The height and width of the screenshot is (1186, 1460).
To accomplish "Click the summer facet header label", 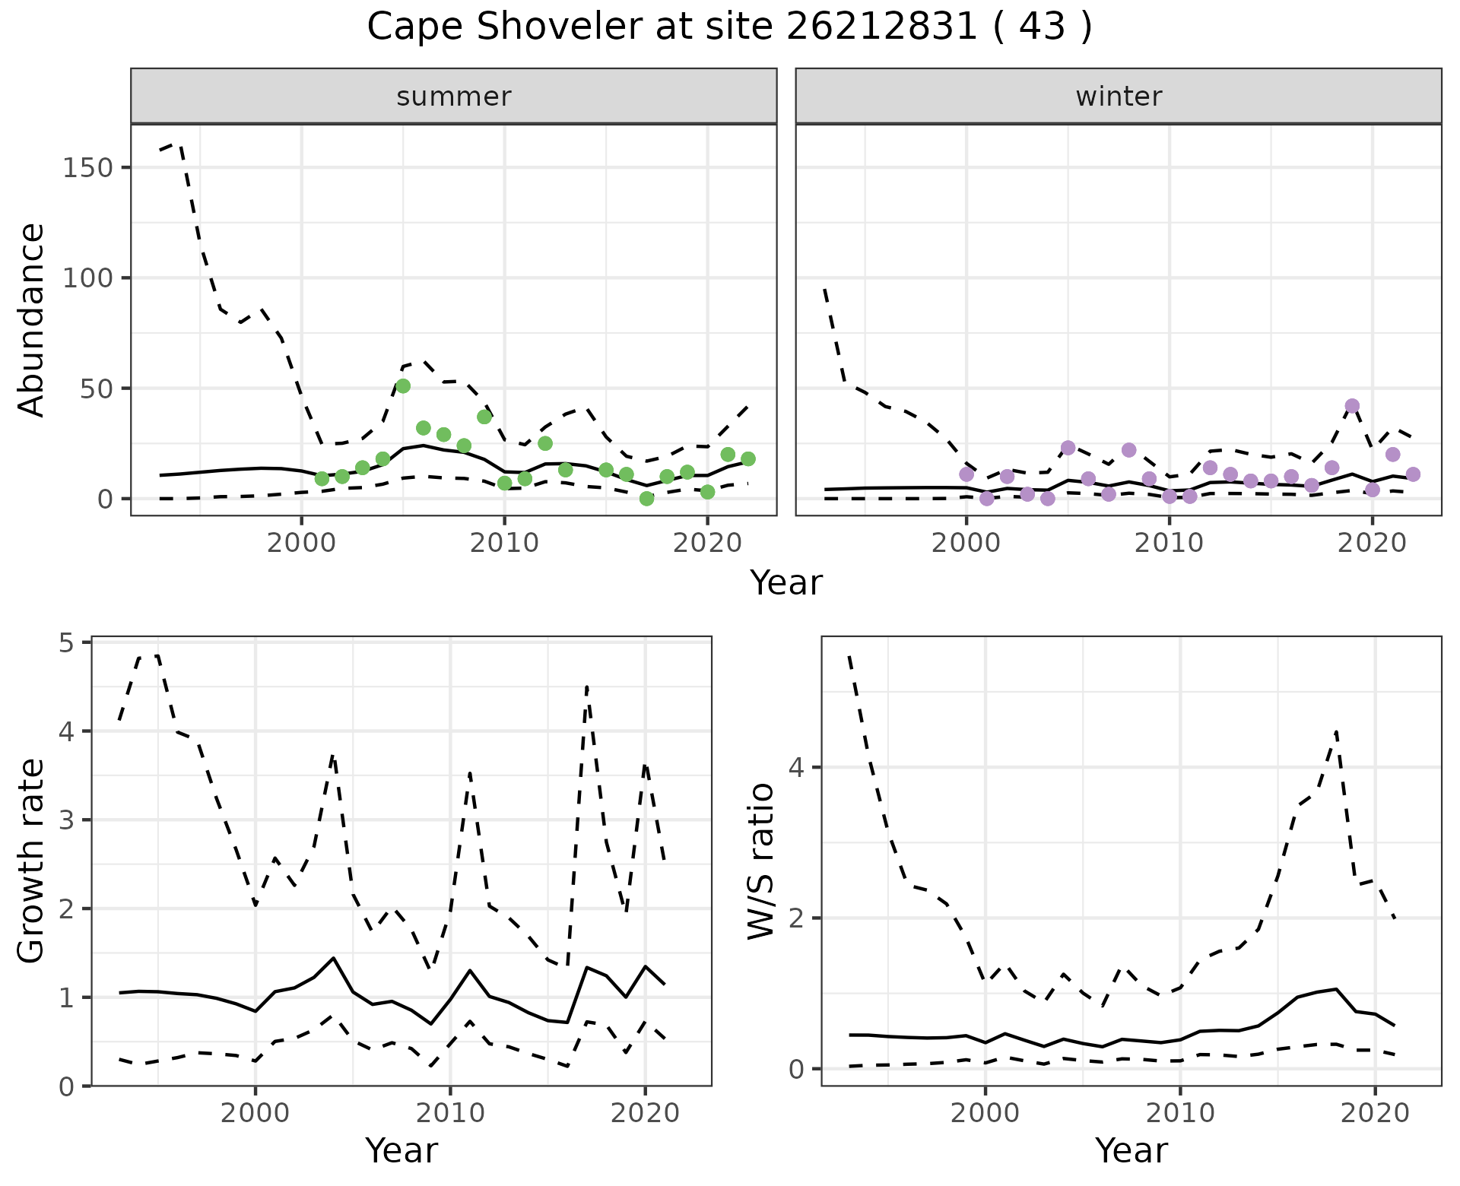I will [x=454, y=97].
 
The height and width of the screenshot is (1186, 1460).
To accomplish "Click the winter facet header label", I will [x=1119, y=97].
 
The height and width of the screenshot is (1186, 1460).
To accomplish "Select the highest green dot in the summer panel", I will [x=403, y=386].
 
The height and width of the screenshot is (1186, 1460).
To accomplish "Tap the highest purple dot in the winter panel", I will [x=1352, y=406].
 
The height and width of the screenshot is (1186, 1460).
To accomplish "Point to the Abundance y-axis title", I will [x=32, y=319].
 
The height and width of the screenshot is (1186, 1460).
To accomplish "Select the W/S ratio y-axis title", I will [x=761, y=861].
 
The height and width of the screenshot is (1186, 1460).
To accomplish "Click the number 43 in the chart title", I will [x=1041, y=27].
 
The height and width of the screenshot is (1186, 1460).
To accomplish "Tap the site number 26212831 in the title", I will [x=881, y=27].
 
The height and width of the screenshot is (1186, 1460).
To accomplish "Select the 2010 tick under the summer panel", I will [x=504, y=543].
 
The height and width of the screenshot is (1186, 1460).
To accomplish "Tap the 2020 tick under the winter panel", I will [x=1373, y=543].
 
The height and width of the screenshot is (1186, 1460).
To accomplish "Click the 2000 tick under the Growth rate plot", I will [x=255, y=1113].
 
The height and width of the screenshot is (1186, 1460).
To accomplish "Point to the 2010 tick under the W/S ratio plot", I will [x=1180, y=1113].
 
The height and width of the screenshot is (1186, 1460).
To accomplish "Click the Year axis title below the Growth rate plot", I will [x=401, y=1151].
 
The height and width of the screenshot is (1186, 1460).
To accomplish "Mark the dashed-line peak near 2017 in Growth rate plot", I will [x=587, y=687].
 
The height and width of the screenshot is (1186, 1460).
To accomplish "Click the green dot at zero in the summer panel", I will [x=646, y=499].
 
